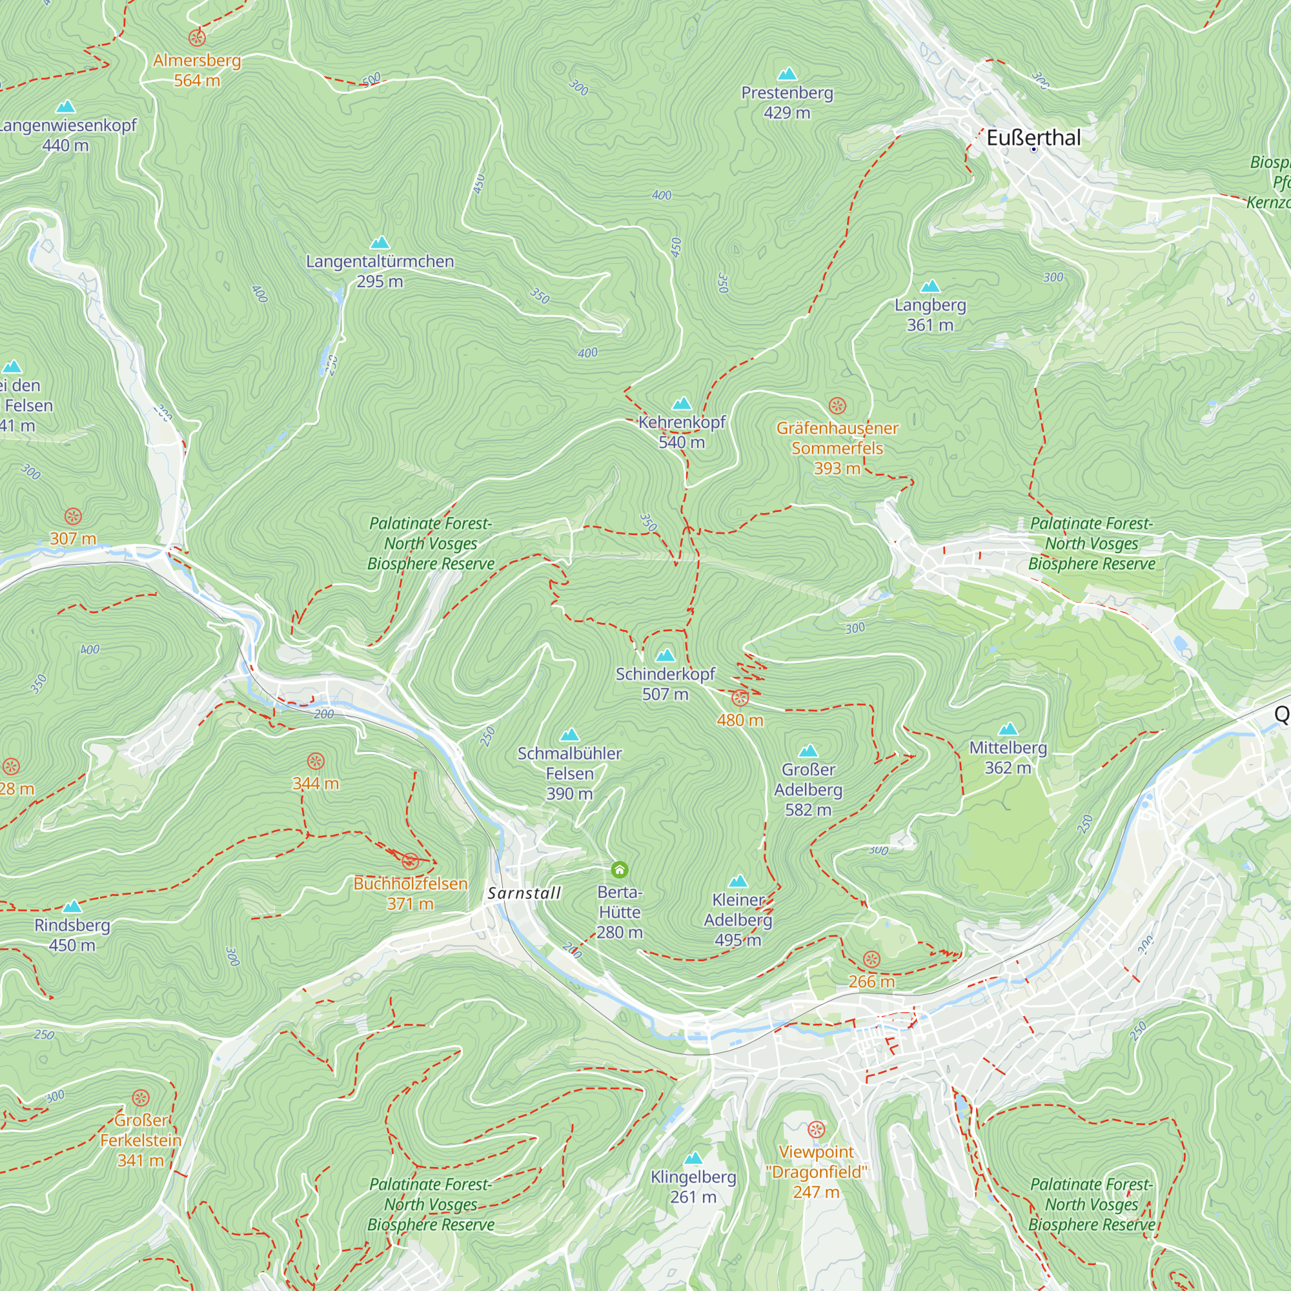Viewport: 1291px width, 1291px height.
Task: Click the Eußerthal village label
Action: coord(1033,138)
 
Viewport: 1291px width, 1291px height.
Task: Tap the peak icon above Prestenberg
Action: coord(787,74)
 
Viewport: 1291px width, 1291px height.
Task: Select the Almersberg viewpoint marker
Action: coord(196,37)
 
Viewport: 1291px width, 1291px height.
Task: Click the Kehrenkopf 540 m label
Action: coord(682,432)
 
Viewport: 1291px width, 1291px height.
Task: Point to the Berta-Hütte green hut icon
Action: coord(620,869)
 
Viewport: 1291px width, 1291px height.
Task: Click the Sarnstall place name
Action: coord(524,893)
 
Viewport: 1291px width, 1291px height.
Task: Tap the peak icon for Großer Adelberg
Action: coord(808,751)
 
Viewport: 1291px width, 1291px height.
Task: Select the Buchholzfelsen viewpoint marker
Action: coord(411,860)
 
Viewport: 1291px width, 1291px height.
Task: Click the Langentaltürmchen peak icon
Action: coord(380,243)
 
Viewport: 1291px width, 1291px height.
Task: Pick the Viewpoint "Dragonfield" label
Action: coord(816,1172)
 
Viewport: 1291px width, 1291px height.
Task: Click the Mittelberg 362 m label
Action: coord(1008,758)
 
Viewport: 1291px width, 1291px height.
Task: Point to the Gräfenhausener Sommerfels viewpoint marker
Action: coord(837,405)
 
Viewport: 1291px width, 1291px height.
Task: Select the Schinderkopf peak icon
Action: coord(665,656)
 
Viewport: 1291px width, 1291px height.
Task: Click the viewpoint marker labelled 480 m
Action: coord(740,698)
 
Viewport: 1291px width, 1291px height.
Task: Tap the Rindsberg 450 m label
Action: coord(72,935)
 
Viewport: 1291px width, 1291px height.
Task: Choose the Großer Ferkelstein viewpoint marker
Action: coord(140,1098)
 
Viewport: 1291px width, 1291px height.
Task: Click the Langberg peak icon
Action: coord(930,287)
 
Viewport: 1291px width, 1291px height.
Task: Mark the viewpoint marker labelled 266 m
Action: coord(871,960)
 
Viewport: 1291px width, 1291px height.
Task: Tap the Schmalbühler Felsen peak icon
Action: coord(569,736)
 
